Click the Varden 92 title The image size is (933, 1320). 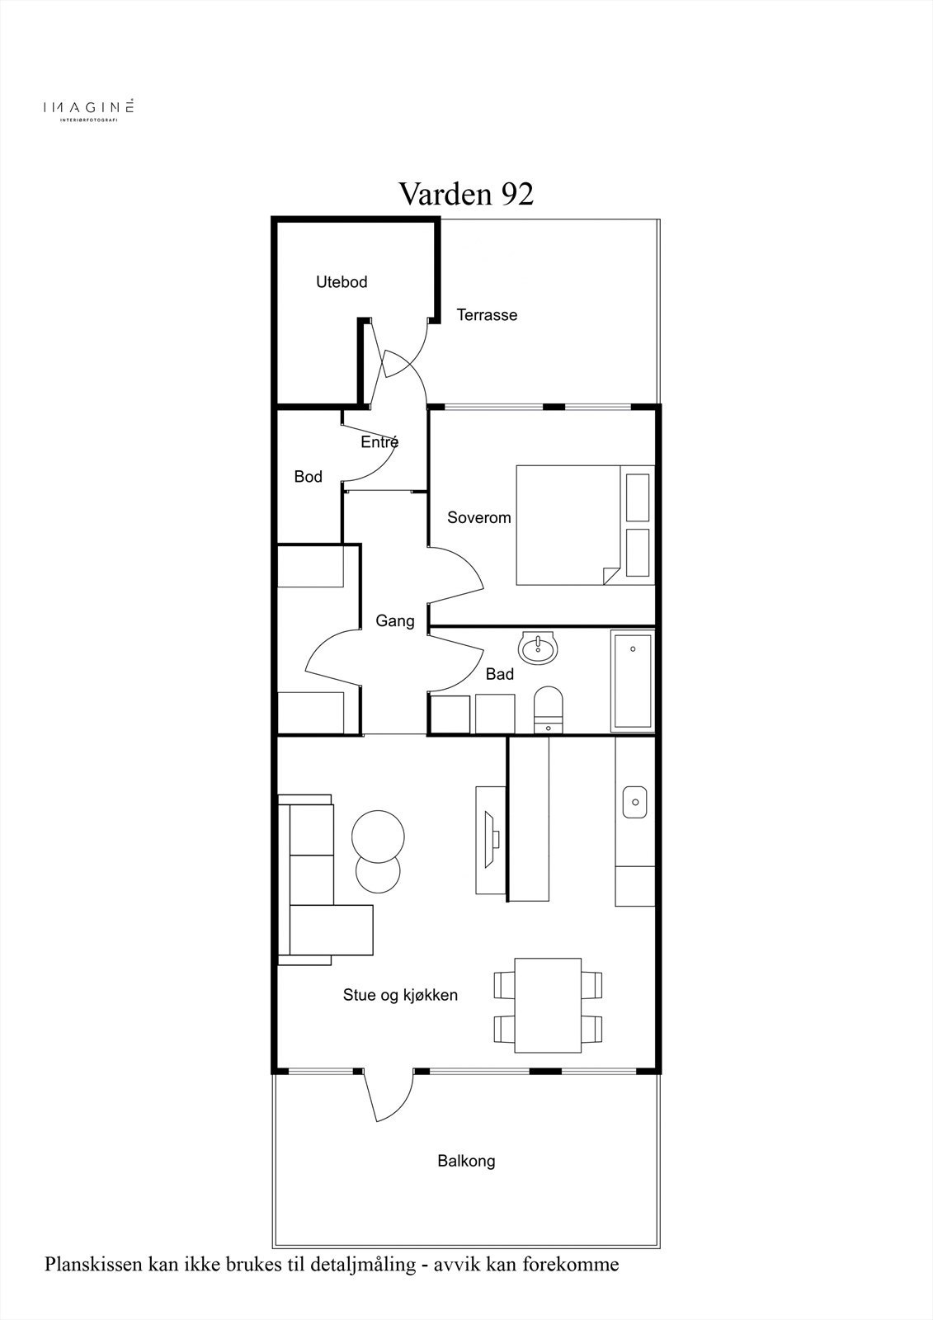466,193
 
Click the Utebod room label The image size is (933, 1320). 342,282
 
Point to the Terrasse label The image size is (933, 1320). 487,315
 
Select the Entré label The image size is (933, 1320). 379,441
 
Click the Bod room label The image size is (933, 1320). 309,477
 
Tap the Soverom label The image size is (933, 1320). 478,518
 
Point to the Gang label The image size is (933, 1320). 395,621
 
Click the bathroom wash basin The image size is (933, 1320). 537,648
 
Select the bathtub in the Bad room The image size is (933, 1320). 633,681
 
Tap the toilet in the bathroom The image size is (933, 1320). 548,709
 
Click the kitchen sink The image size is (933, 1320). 634,802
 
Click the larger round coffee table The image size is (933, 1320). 378,837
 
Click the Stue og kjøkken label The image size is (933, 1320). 400,995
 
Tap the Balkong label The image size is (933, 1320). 466,1162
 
